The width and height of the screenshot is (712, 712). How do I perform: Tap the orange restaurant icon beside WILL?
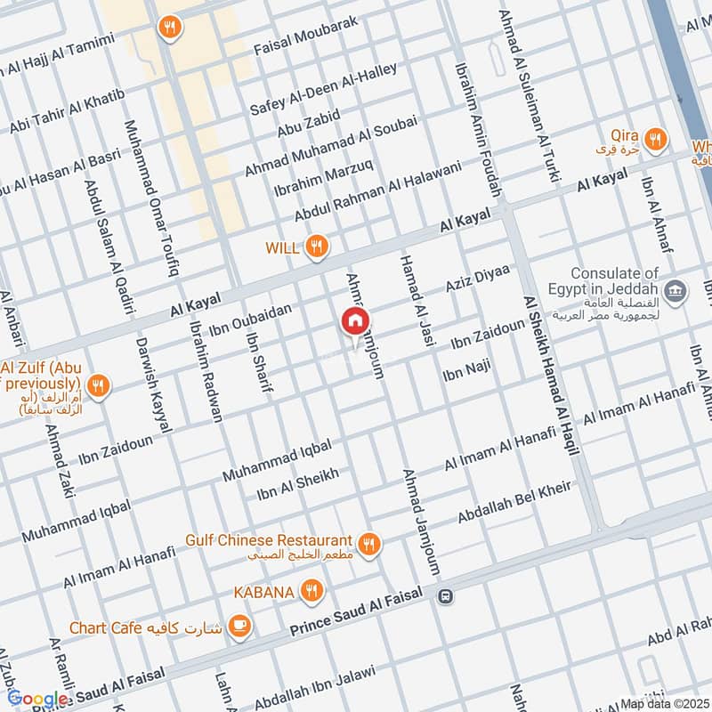pos(315,247)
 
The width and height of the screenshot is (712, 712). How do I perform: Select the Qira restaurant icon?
pos(655,138)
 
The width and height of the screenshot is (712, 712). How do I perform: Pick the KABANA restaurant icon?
pos(310,589)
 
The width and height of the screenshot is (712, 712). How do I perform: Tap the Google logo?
pos(36,700)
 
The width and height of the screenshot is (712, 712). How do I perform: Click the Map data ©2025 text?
pos(664,704)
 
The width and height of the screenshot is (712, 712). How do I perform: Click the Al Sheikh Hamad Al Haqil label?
pos(551,376)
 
